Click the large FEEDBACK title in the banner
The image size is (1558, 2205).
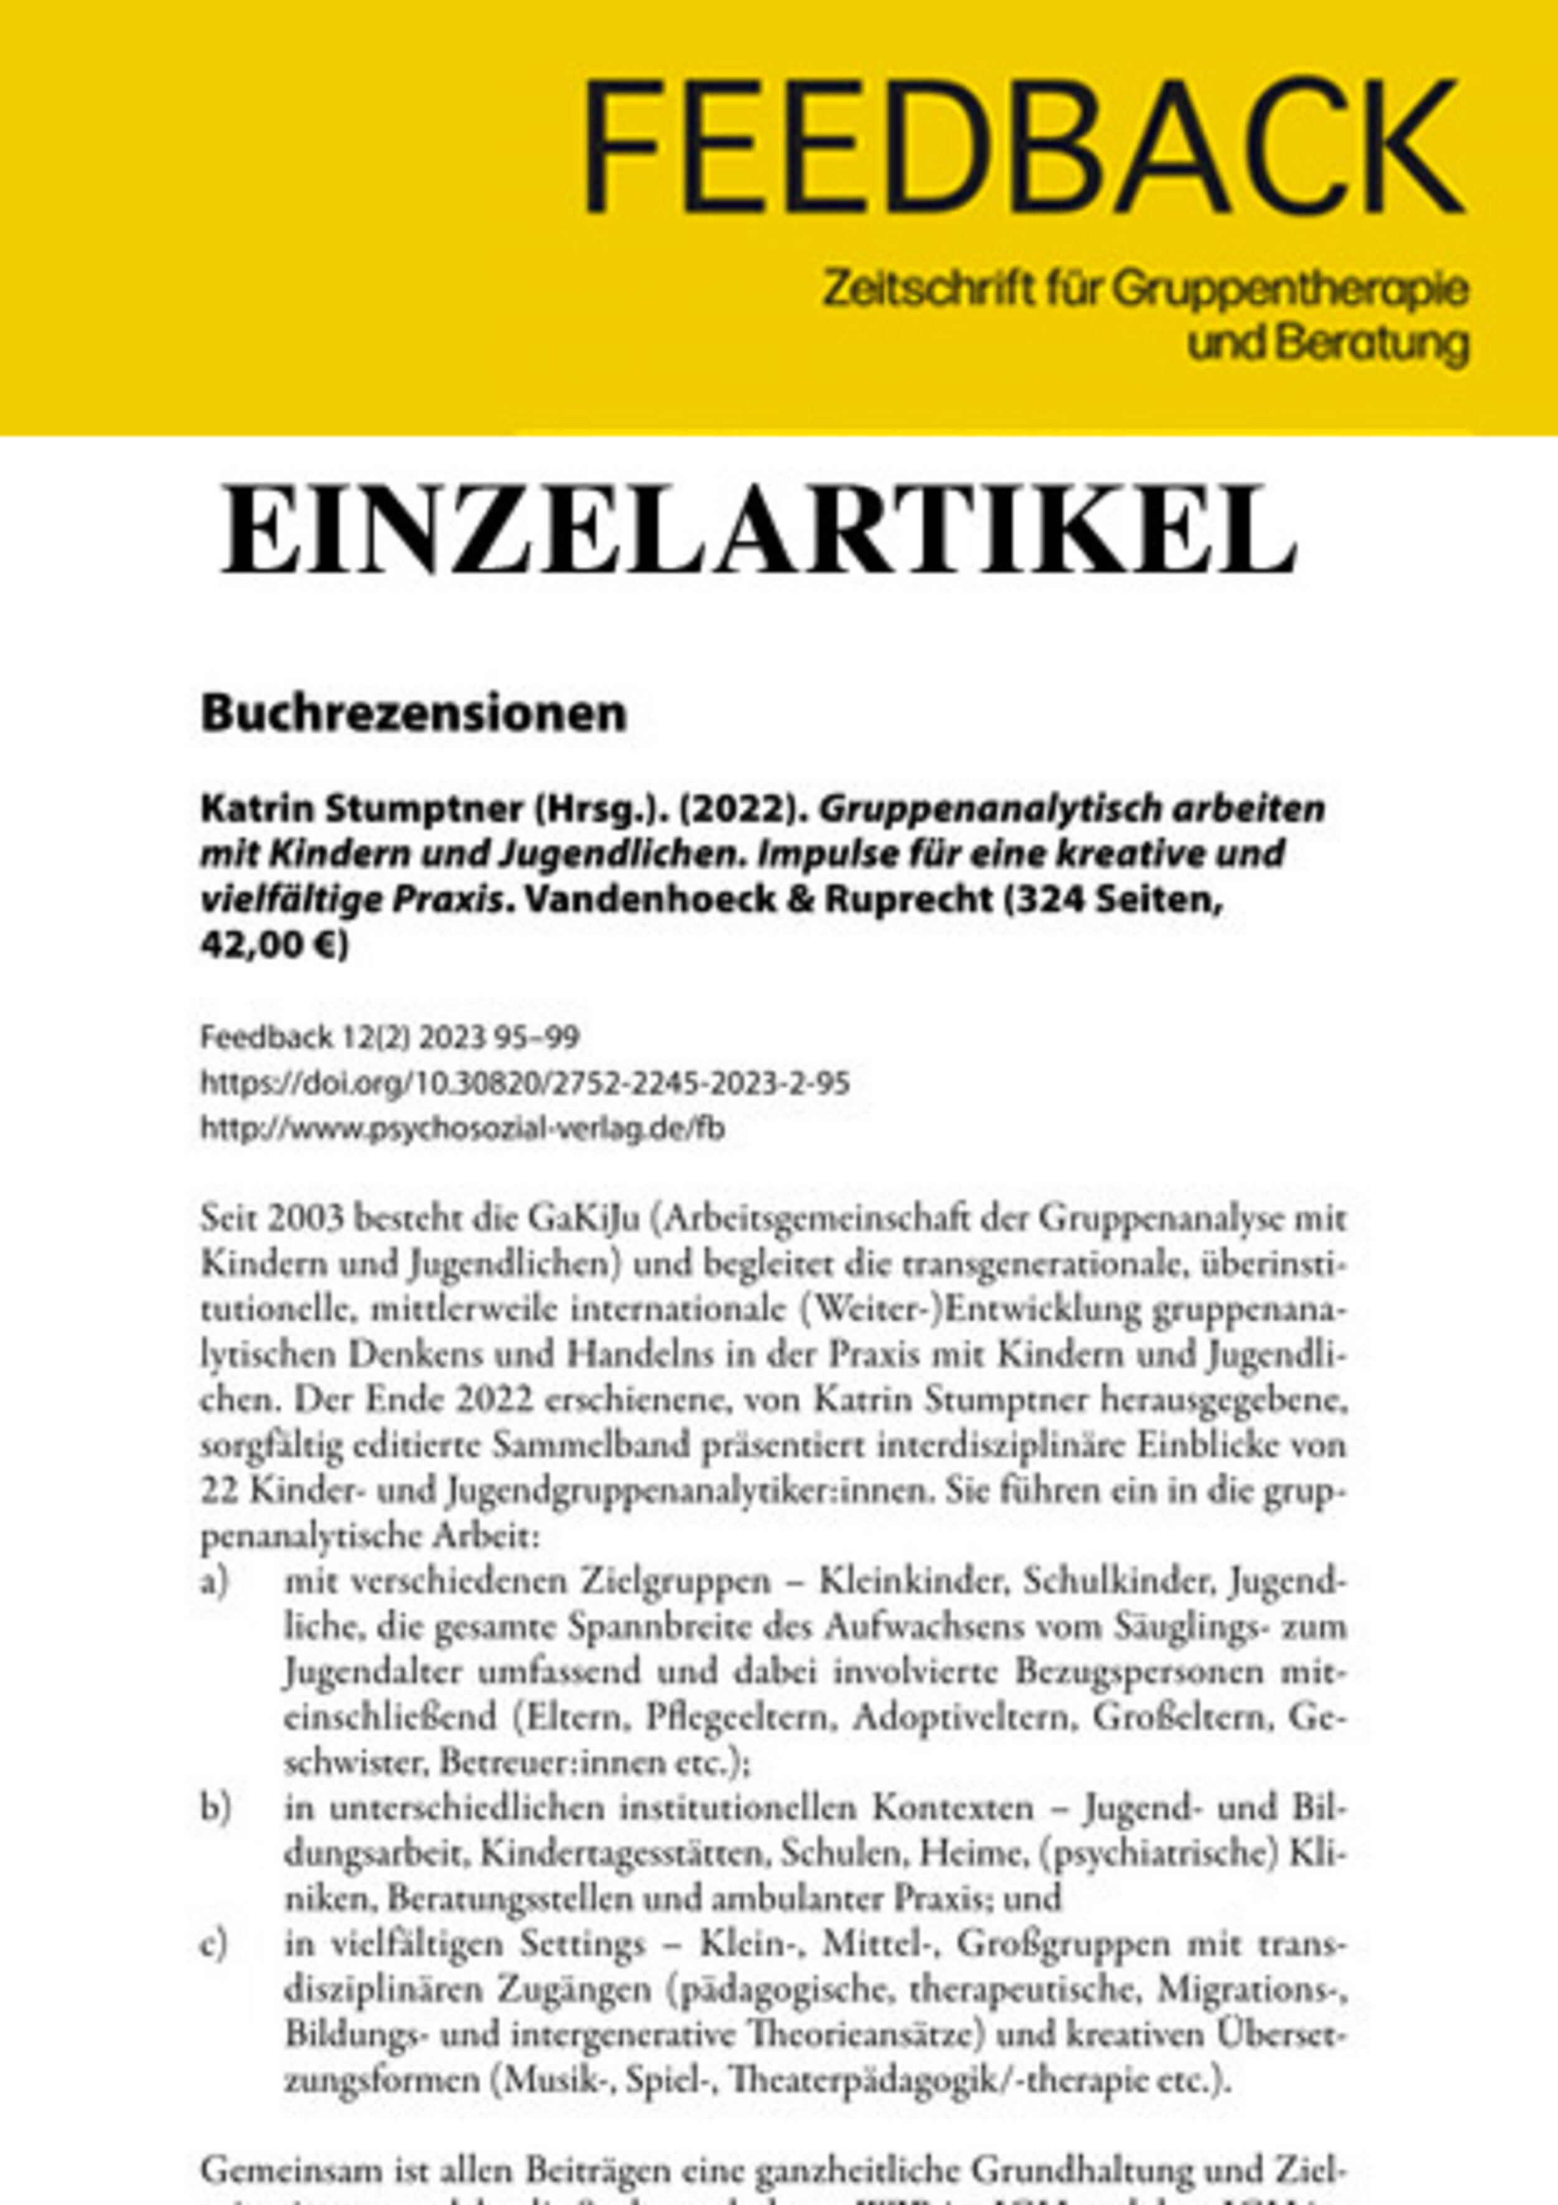(1023, 147)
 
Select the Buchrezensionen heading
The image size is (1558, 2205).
(413, 714)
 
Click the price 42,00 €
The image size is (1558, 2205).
(274, 946)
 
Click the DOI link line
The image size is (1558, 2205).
(525, 1084)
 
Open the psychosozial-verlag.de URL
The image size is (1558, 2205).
(462, 1129)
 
